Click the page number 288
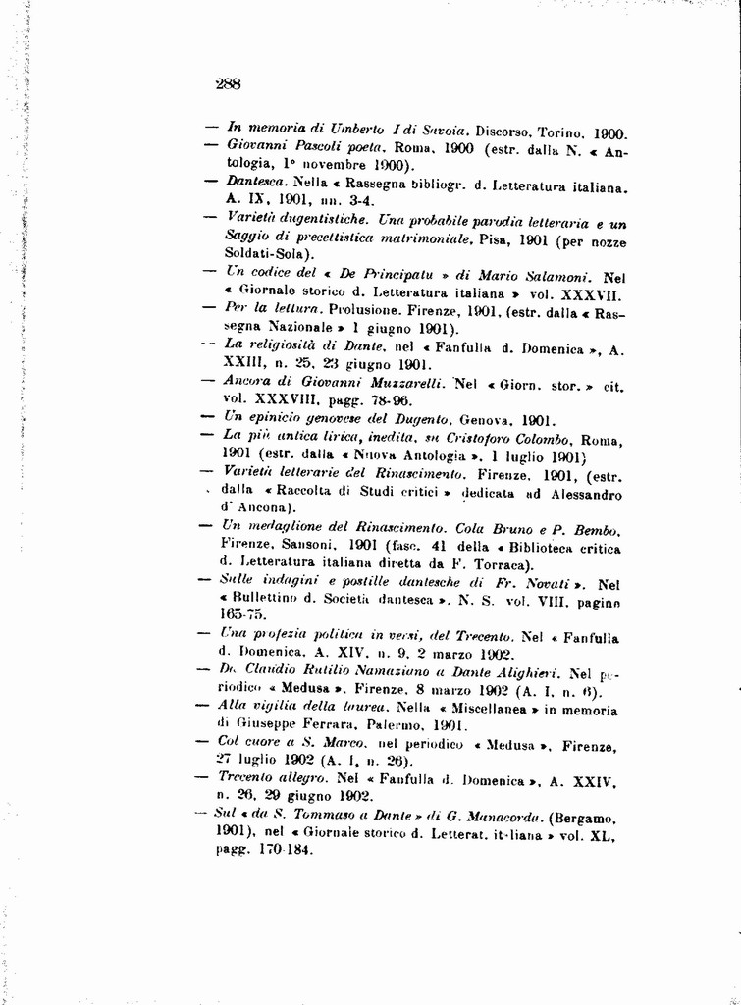pos(228,84)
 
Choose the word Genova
pos(484,419)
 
